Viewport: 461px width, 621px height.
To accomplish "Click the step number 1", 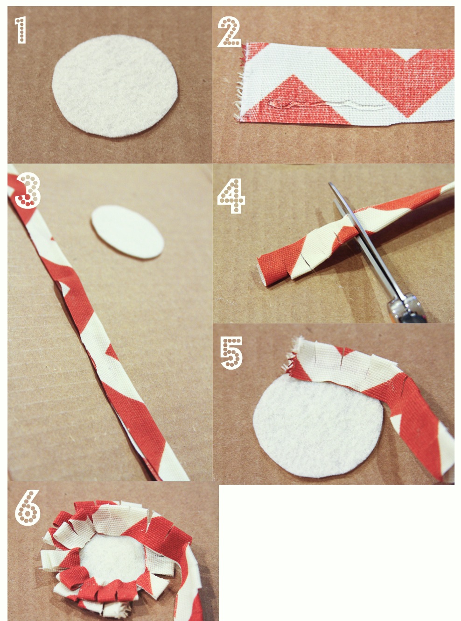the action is tap(21, 30).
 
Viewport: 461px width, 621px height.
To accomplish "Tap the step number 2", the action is tap(229, 32).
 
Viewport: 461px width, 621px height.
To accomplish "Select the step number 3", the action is tap(28, 190).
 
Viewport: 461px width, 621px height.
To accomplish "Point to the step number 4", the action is tap(231, 195).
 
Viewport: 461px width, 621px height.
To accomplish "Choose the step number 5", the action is tap(231, 353).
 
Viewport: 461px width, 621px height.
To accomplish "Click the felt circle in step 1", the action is tap(115, 86).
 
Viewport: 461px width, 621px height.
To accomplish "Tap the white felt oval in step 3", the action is tap(127, 232).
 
